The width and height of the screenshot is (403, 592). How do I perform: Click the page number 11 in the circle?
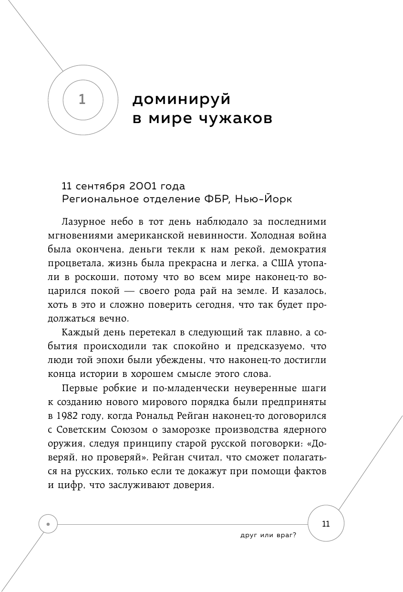(x=326, y=524)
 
